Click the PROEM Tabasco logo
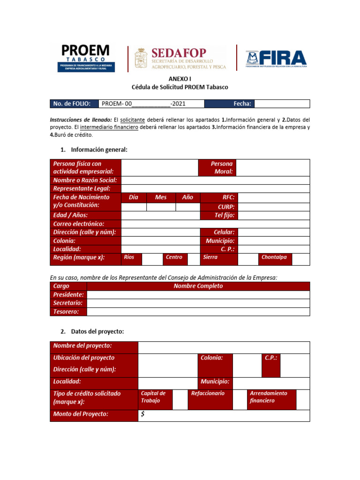click(x=84, y=58)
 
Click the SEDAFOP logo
click(x=180, y=58)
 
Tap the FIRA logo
click(x=276, y=58)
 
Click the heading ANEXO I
click(x=180, y=79)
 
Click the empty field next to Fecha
click(x=282, y=104)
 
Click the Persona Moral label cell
click(x=217, y=168)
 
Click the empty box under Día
click(x=134, y=207)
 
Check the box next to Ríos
click(x=152, y=259)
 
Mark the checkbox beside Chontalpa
click(x=301, y=259)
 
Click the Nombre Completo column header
click(x=198, y=286)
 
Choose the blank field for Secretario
click(x=198, y=303)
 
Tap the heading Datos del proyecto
click(x=97, y=331)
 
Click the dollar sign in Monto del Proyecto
click(x=142, y=414)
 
